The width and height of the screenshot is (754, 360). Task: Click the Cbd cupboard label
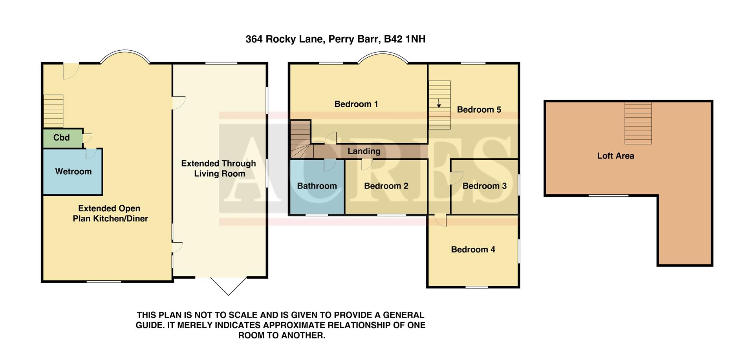click(x=61, y=138)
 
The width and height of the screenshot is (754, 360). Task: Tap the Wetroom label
click(x=73, y=172)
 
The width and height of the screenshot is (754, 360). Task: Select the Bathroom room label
click(x=317, y=186)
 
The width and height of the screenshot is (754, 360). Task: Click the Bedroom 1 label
click(x=356, y=104)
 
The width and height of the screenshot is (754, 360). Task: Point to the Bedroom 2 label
click(x=386, y=186)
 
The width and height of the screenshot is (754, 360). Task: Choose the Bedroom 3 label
click(x=484, y=186)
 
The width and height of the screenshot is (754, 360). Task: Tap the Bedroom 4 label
click(x=473, y=250)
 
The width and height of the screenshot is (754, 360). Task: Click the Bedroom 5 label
click(x=479, y=110)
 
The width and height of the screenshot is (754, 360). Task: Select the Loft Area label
click(x=615, y=156)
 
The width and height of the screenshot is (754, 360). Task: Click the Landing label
click(x=364, y=151)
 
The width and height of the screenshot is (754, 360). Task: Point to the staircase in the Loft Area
click(x=638, y=123)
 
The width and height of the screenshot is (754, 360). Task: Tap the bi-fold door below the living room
click(x=229, y=286)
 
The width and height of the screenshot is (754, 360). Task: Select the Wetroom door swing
click(x=91, y=154)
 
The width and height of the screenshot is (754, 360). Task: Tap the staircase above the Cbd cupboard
click(x=53, y=111)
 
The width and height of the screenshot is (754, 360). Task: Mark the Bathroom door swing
click(x=329, y=166)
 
